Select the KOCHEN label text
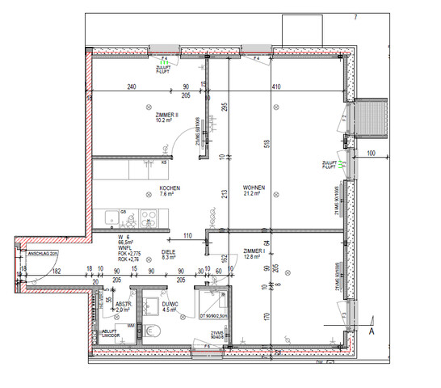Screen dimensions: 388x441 (x=169, y=188)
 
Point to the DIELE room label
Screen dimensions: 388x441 (x=169, y=251)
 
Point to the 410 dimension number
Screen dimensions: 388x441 (x=275, y=86)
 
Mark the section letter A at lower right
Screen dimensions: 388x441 (x=372, y=331)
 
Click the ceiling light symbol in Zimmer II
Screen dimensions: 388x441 (x=148, y=106)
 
